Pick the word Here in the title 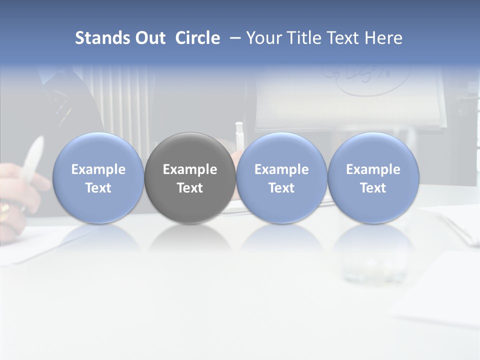383,38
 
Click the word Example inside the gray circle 190,169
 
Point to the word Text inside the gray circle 190,188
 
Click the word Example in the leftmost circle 98,169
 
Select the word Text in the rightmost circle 373,188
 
